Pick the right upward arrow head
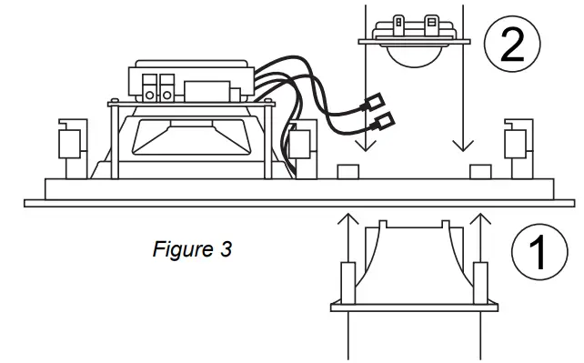coord(479,218)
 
